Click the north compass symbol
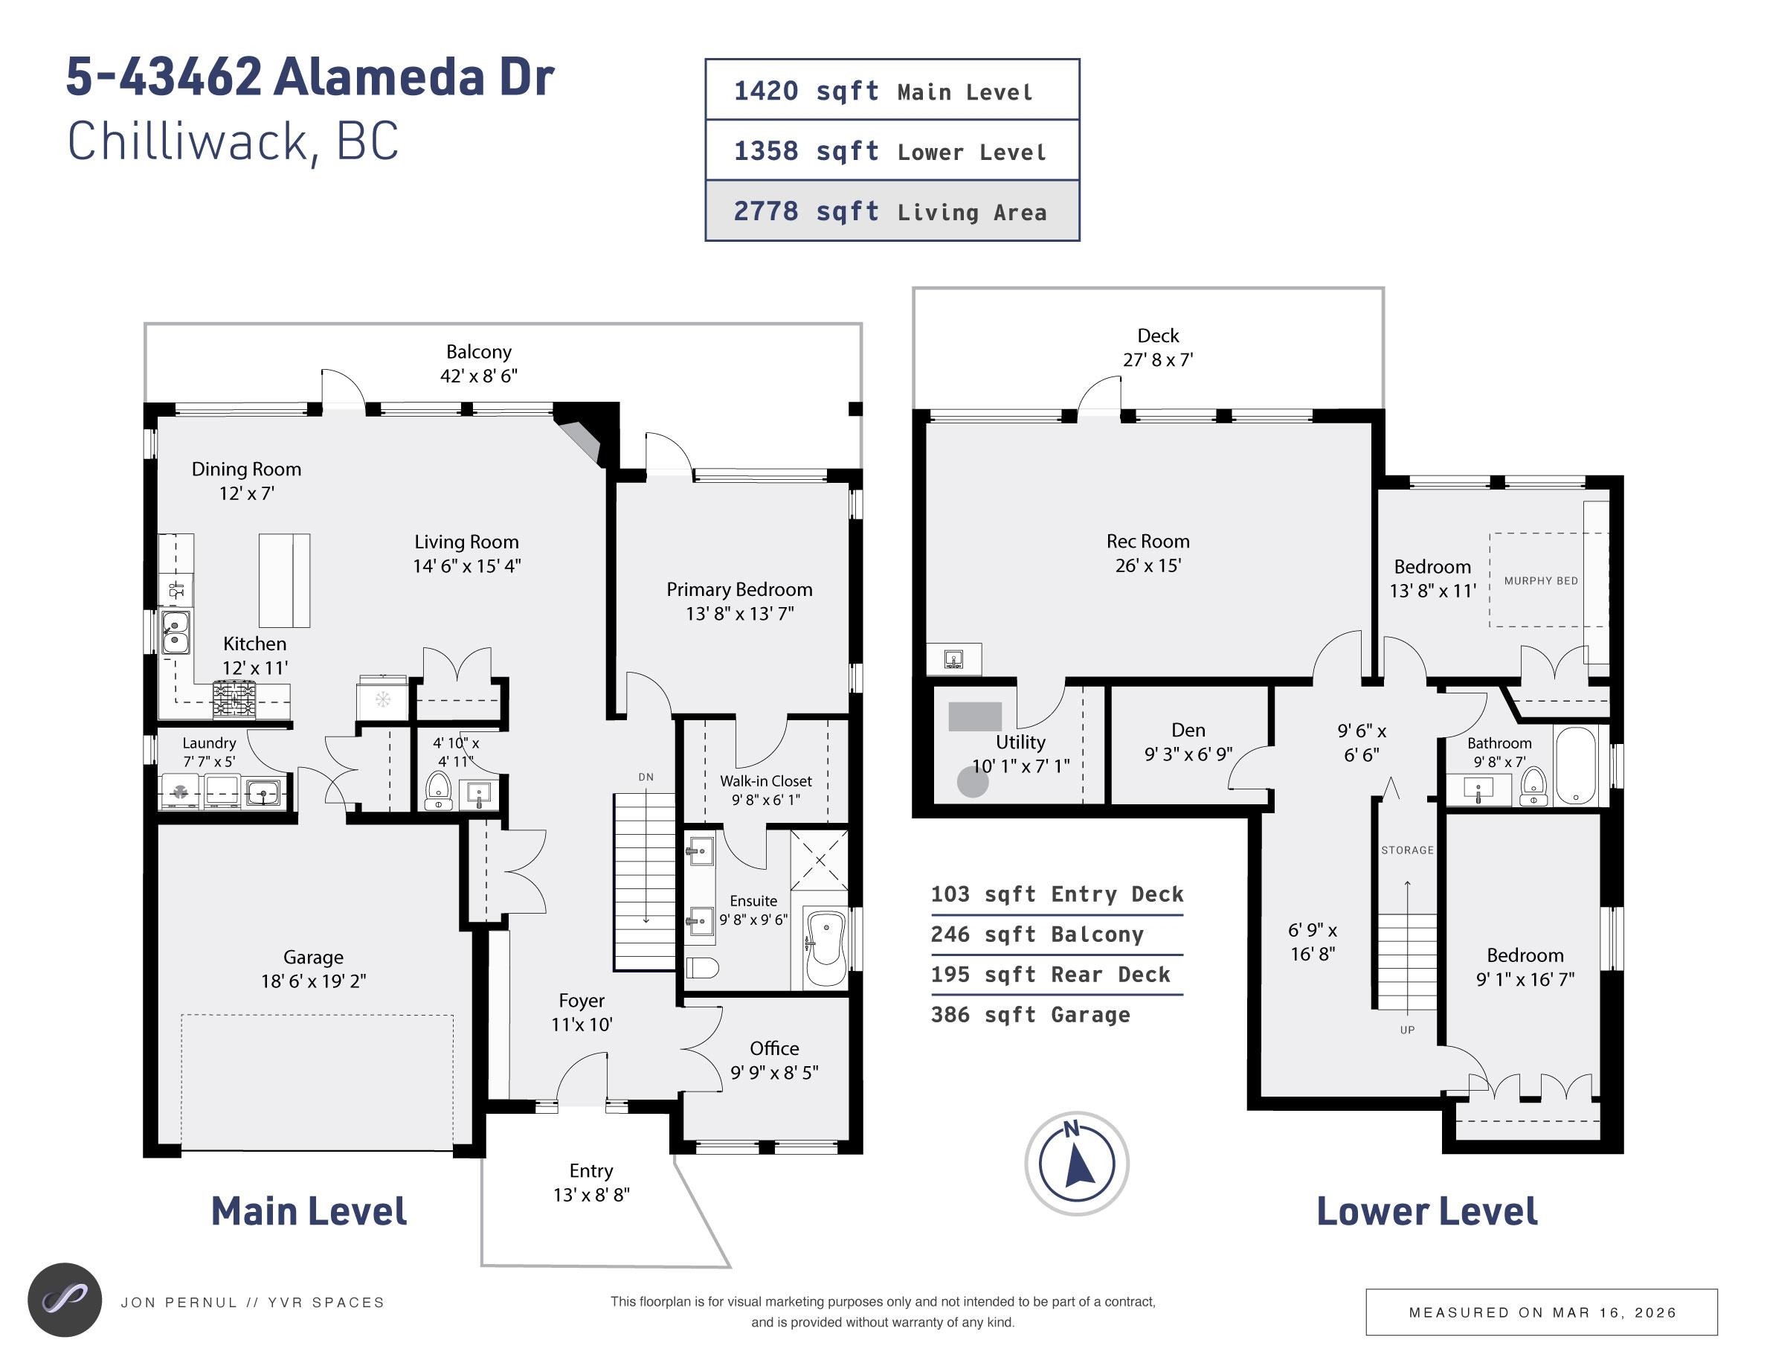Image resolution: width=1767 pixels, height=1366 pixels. [x=1076, y=1164]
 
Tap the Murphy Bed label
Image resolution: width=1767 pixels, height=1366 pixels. [x=1540, y=580]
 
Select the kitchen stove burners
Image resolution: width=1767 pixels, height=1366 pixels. [x=234, y=699]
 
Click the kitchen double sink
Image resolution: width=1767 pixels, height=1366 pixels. [x=176, y=632]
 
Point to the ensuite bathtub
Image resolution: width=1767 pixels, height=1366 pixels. [x=826, y=949]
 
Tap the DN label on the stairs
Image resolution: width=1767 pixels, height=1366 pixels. [x=646, y=777]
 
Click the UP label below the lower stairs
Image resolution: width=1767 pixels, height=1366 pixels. [x=1407, y=1030]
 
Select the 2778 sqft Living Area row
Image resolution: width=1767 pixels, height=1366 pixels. [x=892, y=211]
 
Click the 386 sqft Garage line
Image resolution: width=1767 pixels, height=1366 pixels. [x=1030, y=1015]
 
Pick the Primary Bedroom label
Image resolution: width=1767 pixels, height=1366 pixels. [x=739, y=589]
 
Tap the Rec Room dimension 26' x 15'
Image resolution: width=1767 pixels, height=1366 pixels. [x=1148, y=565]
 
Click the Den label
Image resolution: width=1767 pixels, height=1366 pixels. [x=1188, y=730]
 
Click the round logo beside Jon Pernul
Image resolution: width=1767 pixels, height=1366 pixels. [x=65, y=1300]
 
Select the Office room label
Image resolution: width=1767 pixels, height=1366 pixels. [x=774, y=1048]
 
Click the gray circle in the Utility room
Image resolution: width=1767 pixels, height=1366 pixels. [x=973, y=782]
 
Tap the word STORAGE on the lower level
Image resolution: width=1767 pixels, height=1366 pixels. [x=1407, y=850]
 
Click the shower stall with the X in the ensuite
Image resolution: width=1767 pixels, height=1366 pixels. [x=820, y=859]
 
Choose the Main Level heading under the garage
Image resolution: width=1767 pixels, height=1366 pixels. [x=309, y=1211]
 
